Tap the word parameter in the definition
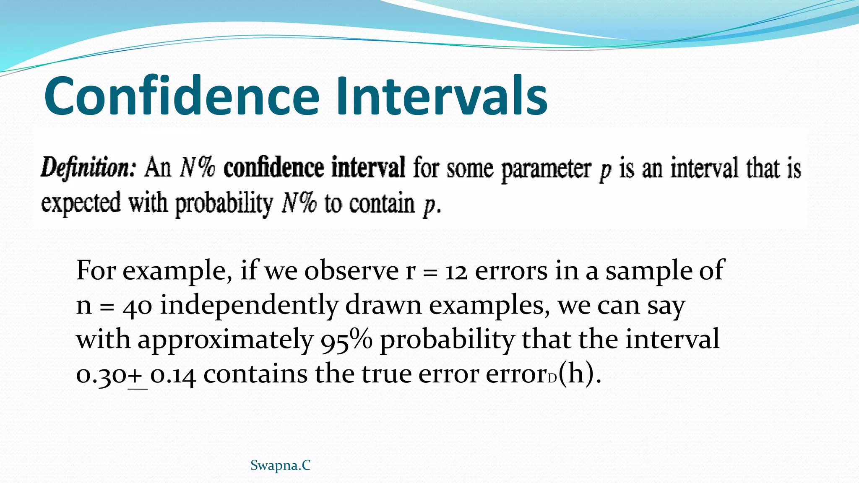pos(546,169)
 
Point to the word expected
pos(81,204)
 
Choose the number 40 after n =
pos(137,306)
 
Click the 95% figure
pos(346,340)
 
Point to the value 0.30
pos(101,374)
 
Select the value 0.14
pos(173,374)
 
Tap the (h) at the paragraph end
pos(579,374)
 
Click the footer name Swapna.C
pos(280,465)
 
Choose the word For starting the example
pos(96,271)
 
